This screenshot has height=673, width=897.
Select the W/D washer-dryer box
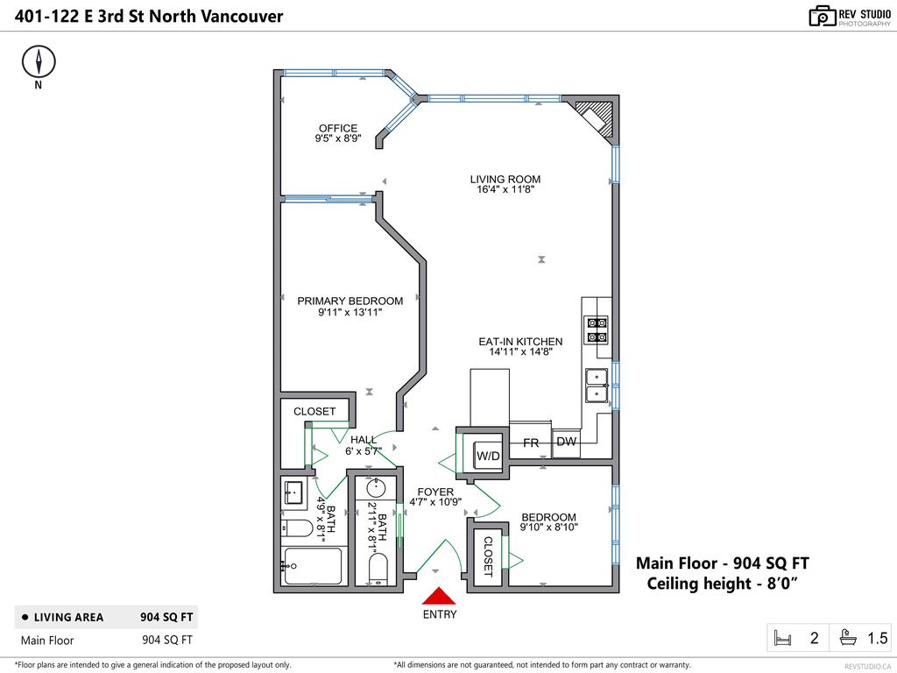coord(488,456)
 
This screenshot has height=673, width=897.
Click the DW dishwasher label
coord(567,442)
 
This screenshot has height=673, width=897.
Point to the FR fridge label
coord(531,443)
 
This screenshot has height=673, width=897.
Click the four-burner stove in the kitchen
coord(597,329)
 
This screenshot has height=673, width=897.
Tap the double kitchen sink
coord(597,385)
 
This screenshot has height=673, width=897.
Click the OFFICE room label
coord(337,128)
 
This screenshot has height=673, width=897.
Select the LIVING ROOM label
coord(505,179)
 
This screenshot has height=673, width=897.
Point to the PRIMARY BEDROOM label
coord(350,301)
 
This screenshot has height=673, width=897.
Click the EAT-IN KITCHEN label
coord(520,342)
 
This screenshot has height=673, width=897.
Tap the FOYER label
coord(435,492)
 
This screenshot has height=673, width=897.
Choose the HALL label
coord(364,440)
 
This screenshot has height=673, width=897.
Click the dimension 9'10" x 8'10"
coord(549,528)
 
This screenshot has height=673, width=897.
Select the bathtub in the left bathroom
coord(311,565)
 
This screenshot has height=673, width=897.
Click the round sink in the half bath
coord(377,488)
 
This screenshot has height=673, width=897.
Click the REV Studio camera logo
coord(822,16)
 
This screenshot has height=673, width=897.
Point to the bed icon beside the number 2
coord(781,638)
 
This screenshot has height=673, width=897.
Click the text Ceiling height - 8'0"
coord(722,584)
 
